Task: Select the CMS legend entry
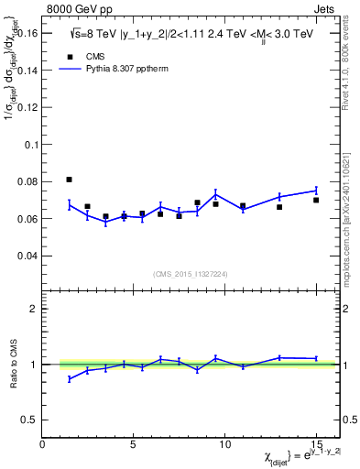point(87,55)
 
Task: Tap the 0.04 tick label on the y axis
point(27,256)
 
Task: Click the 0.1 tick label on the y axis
point(30,145)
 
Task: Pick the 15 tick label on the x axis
point(316,445)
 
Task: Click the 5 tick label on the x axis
point(134,445)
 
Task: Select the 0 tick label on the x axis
point(43,445)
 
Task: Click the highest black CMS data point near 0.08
point(70,180)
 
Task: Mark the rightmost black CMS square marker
point(316,200)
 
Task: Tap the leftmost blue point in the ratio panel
point(70,378)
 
